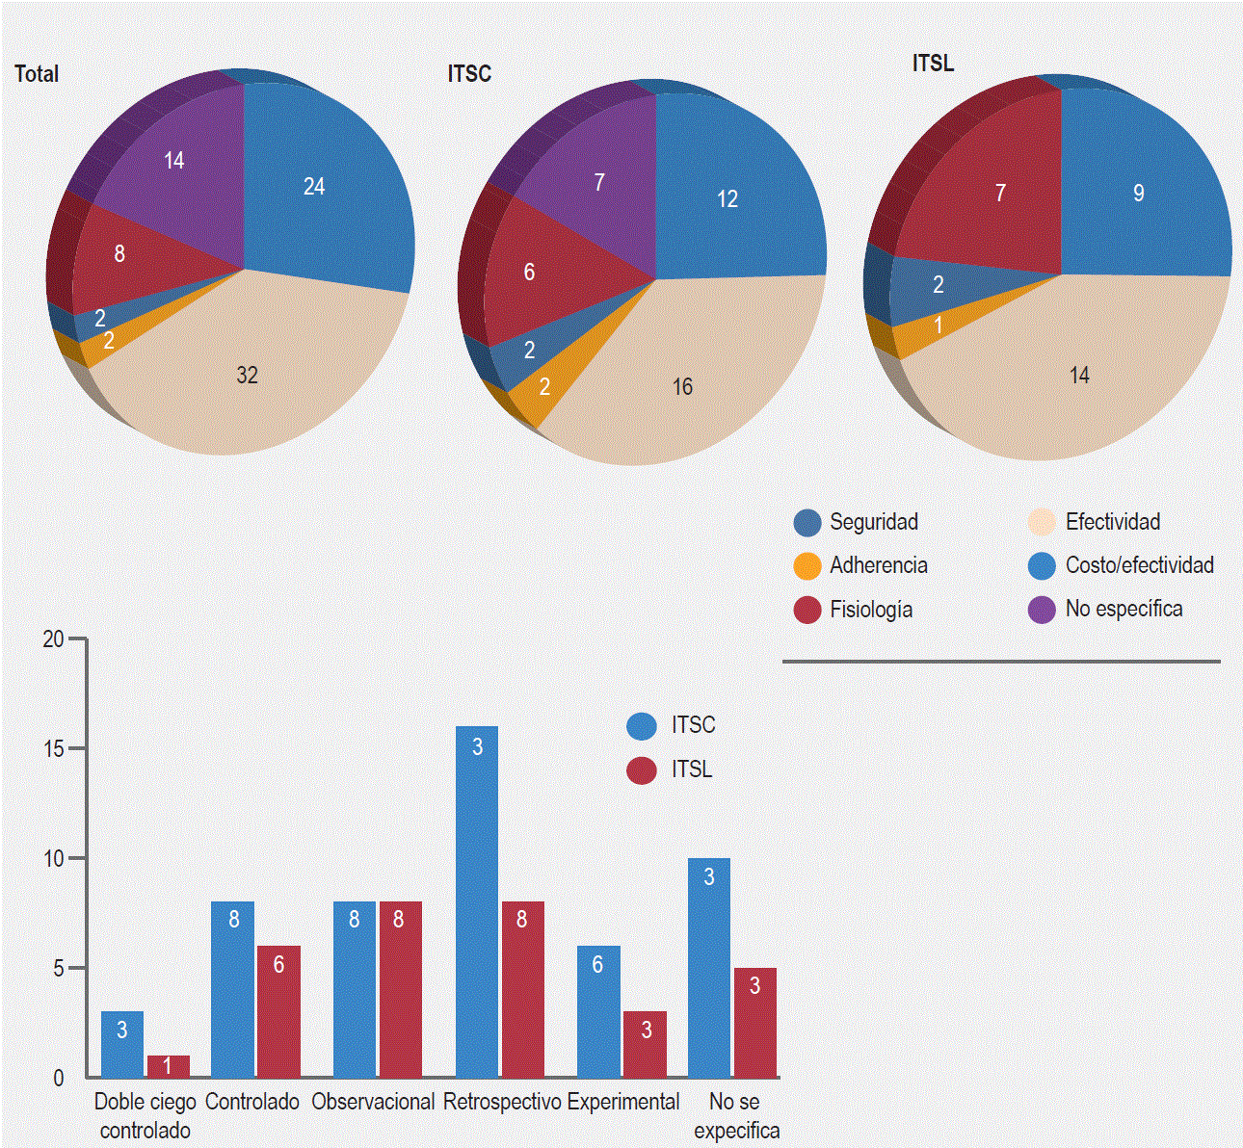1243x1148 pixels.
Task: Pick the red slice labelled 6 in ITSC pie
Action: (x=540, y=274)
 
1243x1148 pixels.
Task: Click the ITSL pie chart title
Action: (x=933, y=64)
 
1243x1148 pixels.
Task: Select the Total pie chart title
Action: (x=37, y=74)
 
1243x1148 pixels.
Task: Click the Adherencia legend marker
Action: (x=807, y=566)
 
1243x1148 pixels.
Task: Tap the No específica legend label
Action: (x=1124, y=609)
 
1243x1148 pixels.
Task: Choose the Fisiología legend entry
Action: (x=871, y=610)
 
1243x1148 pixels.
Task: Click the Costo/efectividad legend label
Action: (x=1139, y=565)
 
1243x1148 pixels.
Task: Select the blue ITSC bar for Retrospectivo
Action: (x=477, y=900)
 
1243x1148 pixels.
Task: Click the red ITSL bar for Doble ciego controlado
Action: (x=169, y=1066)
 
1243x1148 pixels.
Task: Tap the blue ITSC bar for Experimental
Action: (x=598, y=1011)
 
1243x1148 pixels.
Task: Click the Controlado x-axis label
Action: (x=252, y=1102)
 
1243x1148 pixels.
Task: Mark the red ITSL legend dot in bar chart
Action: (x=642, y=770)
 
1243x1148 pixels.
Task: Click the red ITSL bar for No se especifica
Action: (x=754, y=1022)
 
